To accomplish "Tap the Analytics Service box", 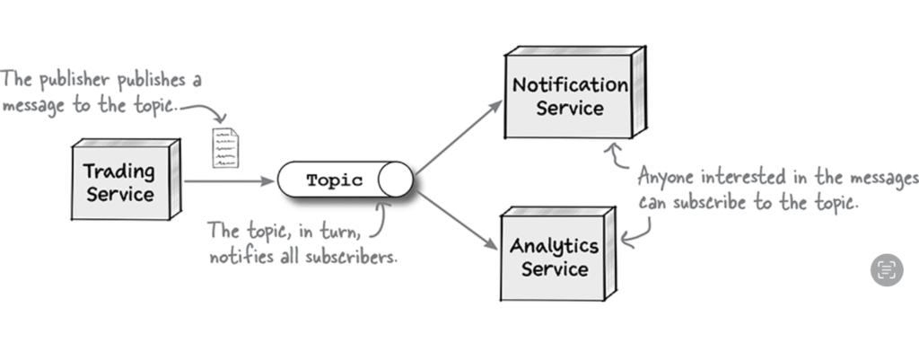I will (x=555, y=257).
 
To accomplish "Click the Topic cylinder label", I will (x=334, y=180).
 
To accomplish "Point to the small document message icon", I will (x=226, y=147).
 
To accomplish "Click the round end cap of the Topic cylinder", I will (x=395, y=180).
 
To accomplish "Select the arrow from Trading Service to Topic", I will (x=229, y=181).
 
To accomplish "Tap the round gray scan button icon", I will (x=887, y=269).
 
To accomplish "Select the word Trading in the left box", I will (x=119, y=171).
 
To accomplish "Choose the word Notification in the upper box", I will (x=570, y=85).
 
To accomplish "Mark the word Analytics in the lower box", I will (x=555, y=245).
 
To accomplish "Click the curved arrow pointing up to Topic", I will (x=383, y=216).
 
